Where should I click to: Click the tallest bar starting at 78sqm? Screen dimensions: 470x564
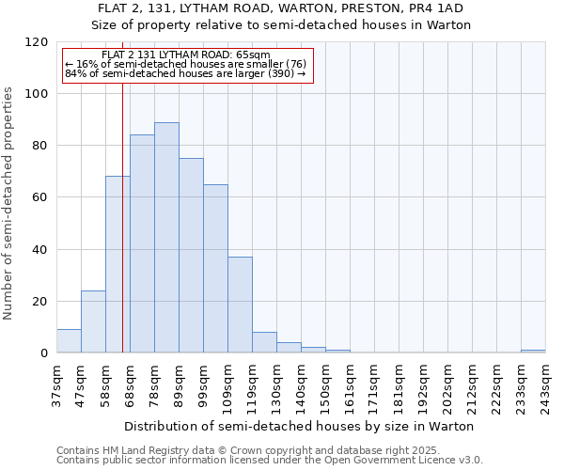pos(166,238)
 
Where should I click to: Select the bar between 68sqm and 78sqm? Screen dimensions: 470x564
pos(142,243)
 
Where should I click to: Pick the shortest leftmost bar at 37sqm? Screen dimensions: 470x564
pos(69,341)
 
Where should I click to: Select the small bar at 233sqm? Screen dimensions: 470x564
pos(533,352)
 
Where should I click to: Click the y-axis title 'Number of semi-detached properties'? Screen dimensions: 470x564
pos(8,198)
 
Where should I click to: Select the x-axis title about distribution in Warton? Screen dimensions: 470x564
pos(299,426)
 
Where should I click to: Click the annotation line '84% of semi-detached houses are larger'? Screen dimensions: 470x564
pos(185,73)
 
